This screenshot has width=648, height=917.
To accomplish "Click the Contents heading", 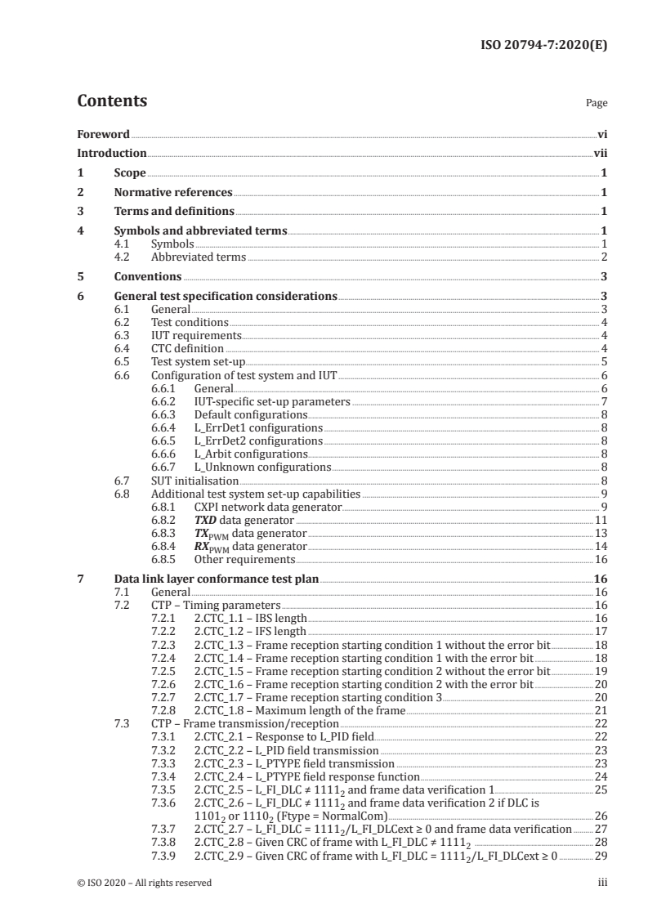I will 112,101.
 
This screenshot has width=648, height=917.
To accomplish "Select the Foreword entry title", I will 103,134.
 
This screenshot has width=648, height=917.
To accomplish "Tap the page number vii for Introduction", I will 600,153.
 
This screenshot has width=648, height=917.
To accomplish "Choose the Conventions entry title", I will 147,276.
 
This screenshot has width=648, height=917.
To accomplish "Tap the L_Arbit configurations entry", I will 251,454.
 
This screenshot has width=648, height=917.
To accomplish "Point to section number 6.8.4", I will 164,545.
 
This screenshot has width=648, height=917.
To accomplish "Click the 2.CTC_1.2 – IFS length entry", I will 250,630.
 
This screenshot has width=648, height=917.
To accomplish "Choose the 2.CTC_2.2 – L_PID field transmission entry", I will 286,749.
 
